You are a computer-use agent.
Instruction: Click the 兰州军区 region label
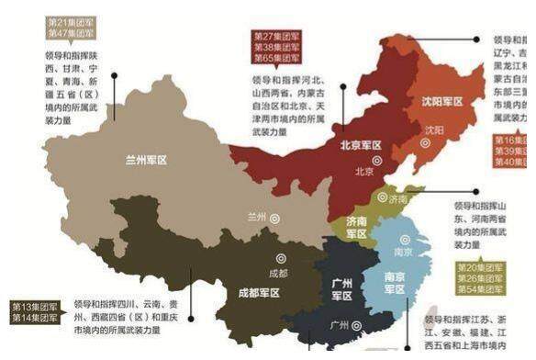point(146,159)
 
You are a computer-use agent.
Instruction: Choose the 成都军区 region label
point(258,293)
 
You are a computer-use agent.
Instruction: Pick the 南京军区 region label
point(396,281)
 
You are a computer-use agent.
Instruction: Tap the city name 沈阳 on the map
point(433,130)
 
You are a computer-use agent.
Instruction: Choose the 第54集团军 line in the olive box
point(480,289)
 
